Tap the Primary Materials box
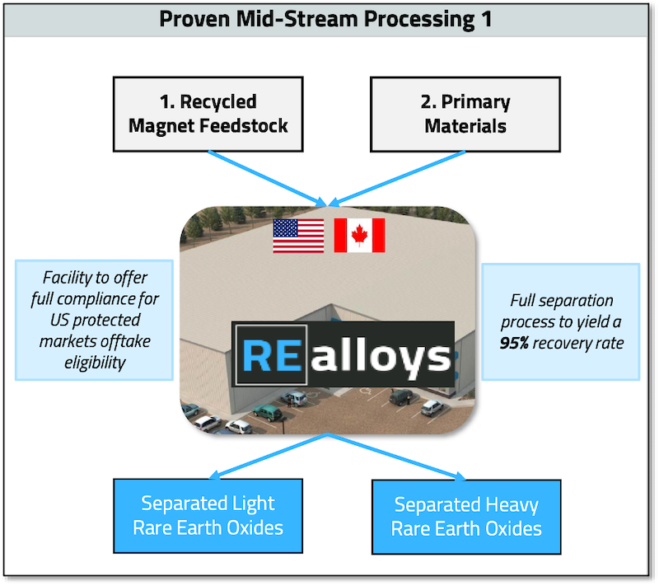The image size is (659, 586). [x=465, y=114]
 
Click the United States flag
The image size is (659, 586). [x=298, y=236]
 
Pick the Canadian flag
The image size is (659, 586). [x=359, y=236]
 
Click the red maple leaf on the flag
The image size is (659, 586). [x=359, y=236]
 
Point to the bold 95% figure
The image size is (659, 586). [x=516, y=342]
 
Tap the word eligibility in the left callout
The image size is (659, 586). [x=96, y=362]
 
